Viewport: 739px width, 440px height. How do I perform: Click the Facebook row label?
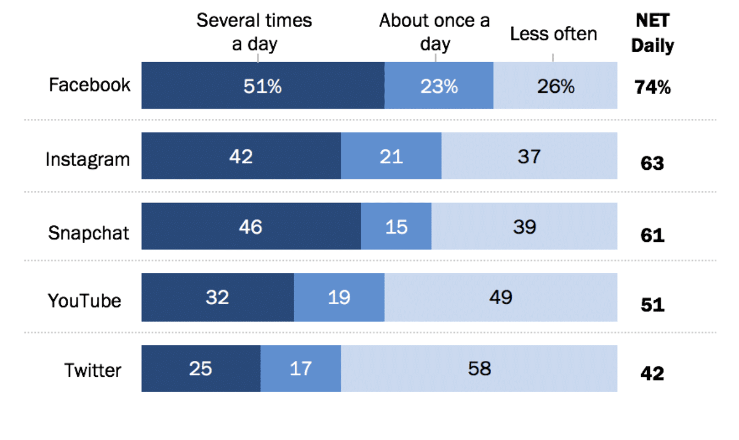[90, 85]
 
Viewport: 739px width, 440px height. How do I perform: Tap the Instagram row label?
[87, 159]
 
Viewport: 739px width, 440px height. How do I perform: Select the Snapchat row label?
[89, 233]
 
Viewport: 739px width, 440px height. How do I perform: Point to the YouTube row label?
[84, 301]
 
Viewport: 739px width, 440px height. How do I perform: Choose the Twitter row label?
[92, 370]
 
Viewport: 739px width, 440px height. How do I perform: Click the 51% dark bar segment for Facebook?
[263, 85]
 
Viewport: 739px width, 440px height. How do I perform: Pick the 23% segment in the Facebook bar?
[439, 85]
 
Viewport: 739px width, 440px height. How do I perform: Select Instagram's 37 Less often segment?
[529, 156]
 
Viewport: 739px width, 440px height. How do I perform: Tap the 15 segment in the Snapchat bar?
[396, 226]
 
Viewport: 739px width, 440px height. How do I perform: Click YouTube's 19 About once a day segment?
[339, 298]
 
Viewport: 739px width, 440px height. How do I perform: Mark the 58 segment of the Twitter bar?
[479, 369]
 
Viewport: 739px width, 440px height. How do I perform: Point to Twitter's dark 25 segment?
[201, 369]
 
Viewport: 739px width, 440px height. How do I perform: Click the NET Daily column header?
[652, 34]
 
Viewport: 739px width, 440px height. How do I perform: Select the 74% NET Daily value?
[652, 87]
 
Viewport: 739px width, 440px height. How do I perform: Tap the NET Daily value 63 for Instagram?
[652, 164]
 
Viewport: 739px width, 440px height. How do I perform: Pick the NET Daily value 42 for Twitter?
[652, 373]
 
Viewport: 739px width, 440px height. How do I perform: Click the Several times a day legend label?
[254, 32]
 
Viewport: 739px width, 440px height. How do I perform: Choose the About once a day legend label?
[434, 32]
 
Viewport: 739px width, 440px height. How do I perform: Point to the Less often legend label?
[553, 34]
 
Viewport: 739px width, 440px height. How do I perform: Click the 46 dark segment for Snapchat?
[251, 226]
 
